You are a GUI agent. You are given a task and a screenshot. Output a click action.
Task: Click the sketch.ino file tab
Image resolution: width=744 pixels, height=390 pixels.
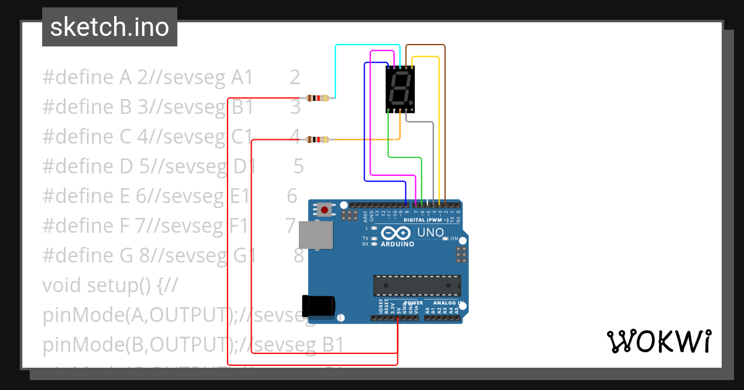coord(110,27)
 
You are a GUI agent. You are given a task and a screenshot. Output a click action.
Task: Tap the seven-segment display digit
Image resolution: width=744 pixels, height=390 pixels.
coord(400,89)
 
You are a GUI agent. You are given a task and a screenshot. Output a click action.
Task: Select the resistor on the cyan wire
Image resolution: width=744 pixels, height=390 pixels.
coord(317,98)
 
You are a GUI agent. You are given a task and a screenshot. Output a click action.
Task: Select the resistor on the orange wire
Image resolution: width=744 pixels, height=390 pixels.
coord(317,140)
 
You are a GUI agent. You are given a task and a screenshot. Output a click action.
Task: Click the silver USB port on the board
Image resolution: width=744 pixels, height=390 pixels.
coord(315,235)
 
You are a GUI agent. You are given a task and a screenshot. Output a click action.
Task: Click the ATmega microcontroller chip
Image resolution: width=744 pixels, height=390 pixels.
coord(417,285)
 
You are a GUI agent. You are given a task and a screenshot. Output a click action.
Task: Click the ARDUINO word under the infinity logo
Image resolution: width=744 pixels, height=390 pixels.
coord(397,244)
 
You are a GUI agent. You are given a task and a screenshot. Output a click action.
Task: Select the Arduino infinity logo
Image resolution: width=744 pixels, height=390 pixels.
coord(397,233)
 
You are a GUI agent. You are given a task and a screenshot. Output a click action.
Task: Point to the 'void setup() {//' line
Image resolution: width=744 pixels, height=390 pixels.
coord(110,285)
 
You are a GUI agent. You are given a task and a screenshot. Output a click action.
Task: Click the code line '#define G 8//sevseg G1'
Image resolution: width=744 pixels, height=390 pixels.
coord(149,255)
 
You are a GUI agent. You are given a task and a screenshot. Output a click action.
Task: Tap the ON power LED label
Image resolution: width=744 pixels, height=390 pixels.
coord(454,239)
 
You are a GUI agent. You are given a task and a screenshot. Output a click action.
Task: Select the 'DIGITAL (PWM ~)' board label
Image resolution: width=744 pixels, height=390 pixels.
coord(428,220)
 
